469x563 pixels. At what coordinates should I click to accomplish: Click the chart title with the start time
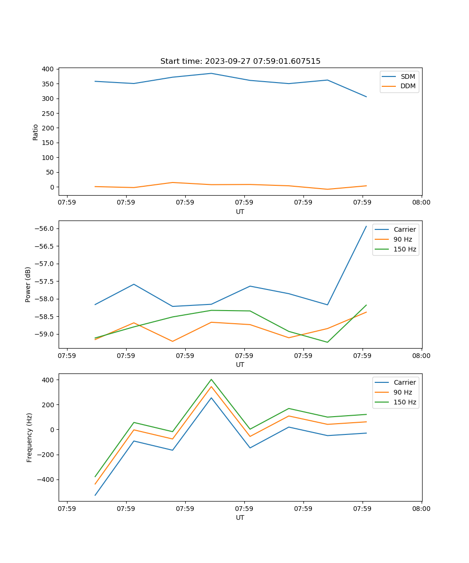pyautogui.click(x=240, y=61)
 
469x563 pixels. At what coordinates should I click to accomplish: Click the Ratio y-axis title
pyautogui.click(x=36, y=132)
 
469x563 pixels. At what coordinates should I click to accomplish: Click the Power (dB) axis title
pyautogui.click(x=28, y=284)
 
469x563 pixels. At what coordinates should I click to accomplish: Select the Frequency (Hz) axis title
pyautogui.click(x=29, y=437)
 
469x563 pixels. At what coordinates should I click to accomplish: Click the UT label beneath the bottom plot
pyautogui.click(x=240, y=518)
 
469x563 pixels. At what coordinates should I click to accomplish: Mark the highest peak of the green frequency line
pyautogui.click(x=211, y=379)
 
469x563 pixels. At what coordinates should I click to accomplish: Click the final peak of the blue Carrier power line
pyautogui.click(x=366, y=226)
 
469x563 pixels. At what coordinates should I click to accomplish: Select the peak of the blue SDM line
pyautogui.click(x=211, y=73)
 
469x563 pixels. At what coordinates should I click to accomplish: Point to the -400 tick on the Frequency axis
pyautogui.click(x=47, y=479)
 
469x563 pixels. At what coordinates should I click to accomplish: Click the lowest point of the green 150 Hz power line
pyautogui.click(x=327, y=342)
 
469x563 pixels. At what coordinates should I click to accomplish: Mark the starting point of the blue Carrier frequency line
pyautogui.click(x=95, y=495)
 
